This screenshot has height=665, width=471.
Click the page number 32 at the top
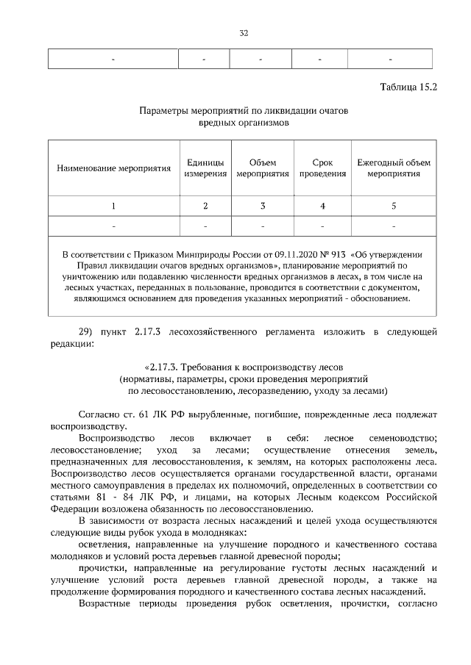(244, 32)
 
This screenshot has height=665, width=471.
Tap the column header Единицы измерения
(205, 168)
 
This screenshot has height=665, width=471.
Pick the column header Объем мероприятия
(262, 168)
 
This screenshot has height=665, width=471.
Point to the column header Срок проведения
(322, 168)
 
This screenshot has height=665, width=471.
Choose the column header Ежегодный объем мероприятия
(394, 168)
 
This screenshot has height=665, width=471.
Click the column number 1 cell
(113, 206)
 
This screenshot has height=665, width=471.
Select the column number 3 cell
(262, 206)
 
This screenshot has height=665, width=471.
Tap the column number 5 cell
(394, 206)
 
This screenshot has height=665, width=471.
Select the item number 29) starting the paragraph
(88, 331)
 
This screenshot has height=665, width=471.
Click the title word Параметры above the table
(164, 111)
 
